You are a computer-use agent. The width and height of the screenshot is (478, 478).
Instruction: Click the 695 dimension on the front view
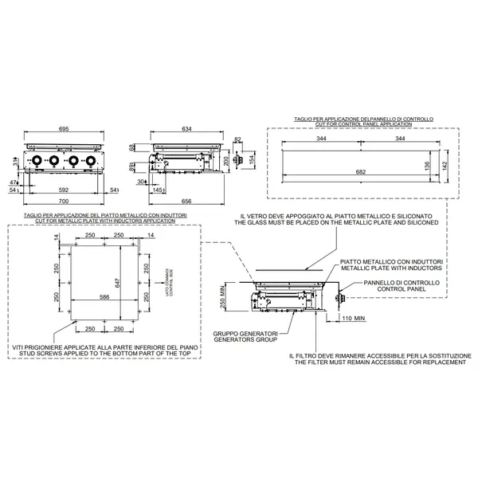[62, 128]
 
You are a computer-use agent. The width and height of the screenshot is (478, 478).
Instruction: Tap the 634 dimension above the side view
[186, 128]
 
